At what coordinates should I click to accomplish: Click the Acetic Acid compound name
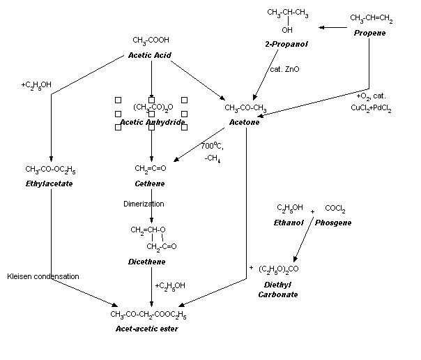click(150, 55)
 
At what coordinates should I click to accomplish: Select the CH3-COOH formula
click(151, 41)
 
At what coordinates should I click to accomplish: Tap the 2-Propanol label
click(286, 45)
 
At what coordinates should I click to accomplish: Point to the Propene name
click(370, 33)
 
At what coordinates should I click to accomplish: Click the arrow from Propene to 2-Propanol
click(333, 28)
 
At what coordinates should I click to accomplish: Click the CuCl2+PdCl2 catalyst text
click(370, 107)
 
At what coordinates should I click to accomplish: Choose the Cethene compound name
click(150, 183)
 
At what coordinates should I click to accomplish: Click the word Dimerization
click(144, 204)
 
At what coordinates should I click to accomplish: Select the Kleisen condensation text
click(43, 276)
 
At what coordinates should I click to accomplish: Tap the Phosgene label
click(334, 222)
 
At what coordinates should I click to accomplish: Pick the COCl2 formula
click(335, 209)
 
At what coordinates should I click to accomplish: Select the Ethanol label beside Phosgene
click(289, 222)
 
